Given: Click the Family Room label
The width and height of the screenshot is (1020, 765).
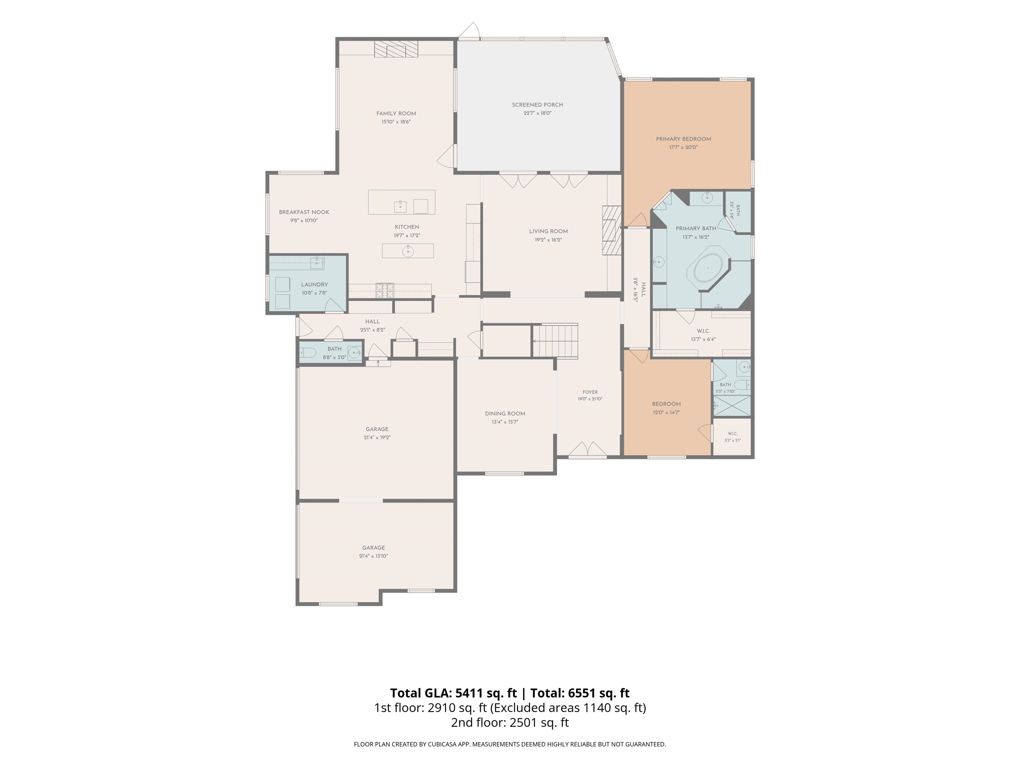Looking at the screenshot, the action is [396, 114].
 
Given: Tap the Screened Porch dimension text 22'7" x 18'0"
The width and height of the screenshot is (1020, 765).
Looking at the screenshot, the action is [537, 113].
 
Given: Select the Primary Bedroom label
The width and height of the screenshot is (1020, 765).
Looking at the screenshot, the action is [683, 139].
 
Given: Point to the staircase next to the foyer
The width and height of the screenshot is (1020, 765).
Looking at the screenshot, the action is [555, 341].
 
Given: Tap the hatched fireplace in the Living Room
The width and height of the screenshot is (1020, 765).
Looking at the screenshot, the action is [612, 230].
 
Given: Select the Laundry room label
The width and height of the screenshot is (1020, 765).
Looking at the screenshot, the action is [314, 285].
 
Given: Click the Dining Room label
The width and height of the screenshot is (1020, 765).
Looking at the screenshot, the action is [505, 414].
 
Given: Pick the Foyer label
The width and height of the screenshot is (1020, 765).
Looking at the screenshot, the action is [590, 392].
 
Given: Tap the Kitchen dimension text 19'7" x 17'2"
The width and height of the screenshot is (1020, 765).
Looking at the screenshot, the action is [407, 235].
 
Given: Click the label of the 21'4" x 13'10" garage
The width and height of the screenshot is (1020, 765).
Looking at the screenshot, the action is [374, 548].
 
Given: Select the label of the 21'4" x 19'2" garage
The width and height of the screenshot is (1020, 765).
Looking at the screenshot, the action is [377, 429].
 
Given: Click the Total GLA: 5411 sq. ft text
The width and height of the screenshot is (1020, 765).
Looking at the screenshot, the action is [453, 693].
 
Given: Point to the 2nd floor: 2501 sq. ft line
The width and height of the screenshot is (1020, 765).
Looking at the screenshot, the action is [510, 722].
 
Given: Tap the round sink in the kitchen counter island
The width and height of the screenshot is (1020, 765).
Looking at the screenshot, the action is [408, 251].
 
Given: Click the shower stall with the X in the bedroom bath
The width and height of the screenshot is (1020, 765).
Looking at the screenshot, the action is [732, 406].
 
